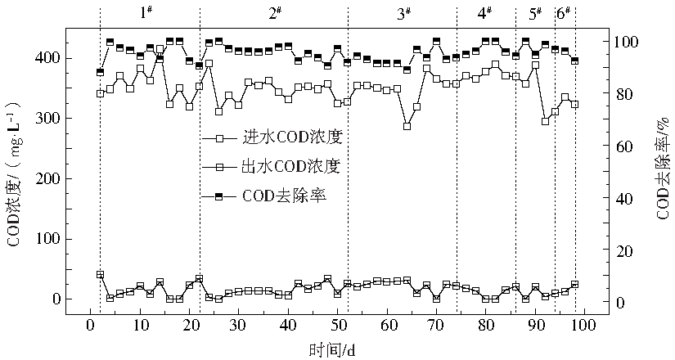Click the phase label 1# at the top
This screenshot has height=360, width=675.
pyautogui.click(x=147, y=13)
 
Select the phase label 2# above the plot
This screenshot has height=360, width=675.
pyautogui.click(x=275, y=13)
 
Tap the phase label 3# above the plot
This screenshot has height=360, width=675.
pyautogui.click(x=403, y=13)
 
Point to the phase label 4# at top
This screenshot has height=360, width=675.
pyautogui.click(x=484, y=13)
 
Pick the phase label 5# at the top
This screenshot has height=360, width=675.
pyautogui.click(x=536, y=13)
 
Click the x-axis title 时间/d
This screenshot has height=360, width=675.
pyautogui.click(x=331, y=350)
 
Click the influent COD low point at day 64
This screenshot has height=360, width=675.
pyautogui.click(x=407, y=126)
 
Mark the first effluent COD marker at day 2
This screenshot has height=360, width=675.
pyautogui.click(x=100, y=274)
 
